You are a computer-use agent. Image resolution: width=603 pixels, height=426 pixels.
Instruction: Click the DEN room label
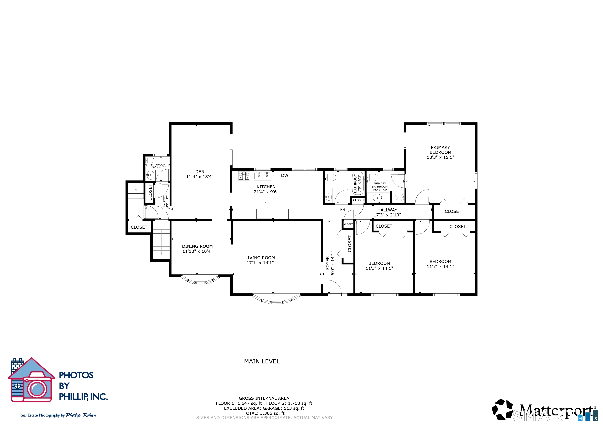click(x=200, y=172)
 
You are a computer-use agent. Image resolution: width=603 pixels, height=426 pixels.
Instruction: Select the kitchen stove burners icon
click(x=244, y=176)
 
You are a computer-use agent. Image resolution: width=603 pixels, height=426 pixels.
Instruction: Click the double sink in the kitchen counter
click(x=262, y=176)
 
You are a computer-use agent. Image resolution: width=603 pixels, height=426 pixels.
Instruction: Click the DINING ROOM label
click(x=197, y=246)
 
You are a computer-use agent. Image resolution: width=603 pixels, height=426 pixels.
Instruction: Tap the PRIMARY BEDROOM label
click(x=440, y=150)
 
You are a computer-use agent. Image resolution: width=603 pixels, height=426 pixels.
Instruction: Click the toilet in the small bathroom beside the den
click(x=150, y=160)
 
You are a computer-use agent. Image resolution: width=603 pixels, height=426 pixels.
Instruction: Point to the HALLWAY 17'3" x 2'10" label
click(x=387, y=212)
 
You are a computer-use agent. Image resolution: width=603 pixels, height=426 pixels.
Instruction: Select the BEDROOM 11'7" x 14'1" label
click(x=440, y=264)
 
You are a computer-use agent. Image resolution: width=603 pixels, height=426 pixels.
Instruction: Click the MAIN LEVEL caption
click(x=262, y=361)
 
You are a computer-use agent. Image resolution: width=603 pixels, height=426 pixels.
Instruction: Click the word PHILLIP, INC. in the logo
click(x=83, y=397)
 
